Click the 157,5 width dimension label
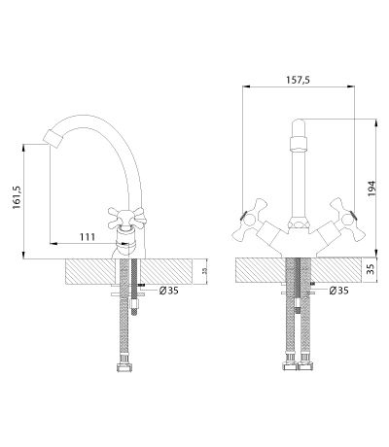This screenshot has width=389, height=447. pyautogui.click(x=298, y=80)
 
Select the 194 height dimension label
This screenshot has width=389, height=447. pyautogui.click(x=371, y=189)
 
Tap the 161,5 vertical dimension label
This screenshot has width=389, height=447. pyautogui.click(x=17, y=197)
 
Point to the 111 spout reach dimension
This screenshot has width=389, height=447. pyautogui.click(x=88, y=237)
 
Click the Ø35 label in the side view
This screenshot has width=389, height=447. pyautogui.click(x=168, y=291)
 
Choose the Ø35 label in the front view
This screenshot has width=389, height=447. pyautogui.click(x=338, y=291)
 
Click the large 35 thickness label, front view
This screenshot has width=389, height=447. pyautogui.click(x=371, y=269)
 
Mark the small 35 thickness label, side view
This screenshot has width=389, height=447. pyautogui.click(x=204, y=271)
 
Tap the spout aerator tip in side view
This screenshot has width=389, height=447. pyautogui.click(x=53, y=139)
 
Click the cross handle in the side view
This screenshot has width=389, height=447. pyautogui.click(x=126, y=218)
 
